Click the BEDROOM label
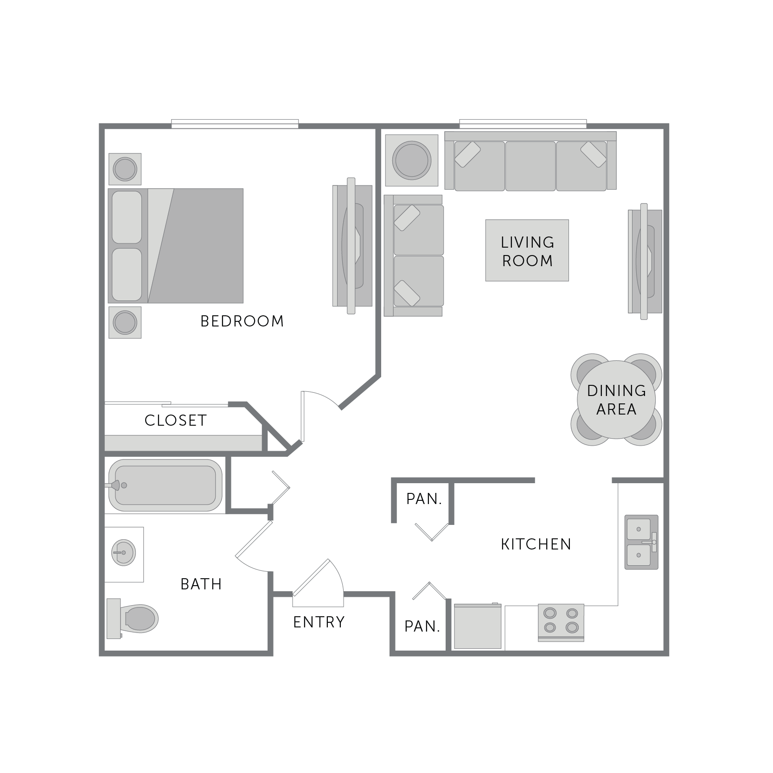(242, 321)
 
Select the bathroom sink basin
(123, 553)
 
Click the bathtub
(165, 485)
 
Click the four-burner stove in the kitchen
(561, 621)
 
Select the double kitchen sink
(641, 542)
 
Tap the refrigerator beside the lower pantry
(478, 626)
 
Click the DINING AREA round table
(616, 400)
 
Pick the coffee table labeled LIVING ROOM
(527, 250)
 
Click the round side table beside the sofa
(411, 160)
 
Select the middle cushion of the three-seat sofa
(530, 166)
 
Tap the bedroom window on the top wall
(235, 124)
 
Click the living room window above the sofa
(523, 124)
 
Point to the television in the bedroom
(352, 246)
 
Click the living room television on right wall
(645, 262)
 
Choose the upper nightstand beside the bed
(125, 169)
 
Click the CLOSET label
(175, 421)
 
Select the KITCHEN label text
(536, 544)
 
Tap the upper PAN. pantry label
(424, 499)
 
